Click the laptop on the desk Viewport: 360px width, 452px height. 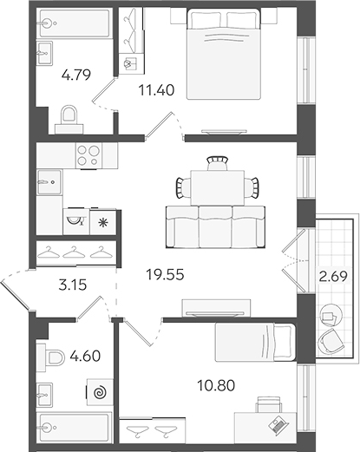[278, 424]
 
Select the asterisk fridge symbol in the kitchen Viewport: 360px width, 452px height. [103, 221]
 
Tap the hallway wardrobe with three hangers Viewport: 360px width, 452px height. [75, 252]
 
